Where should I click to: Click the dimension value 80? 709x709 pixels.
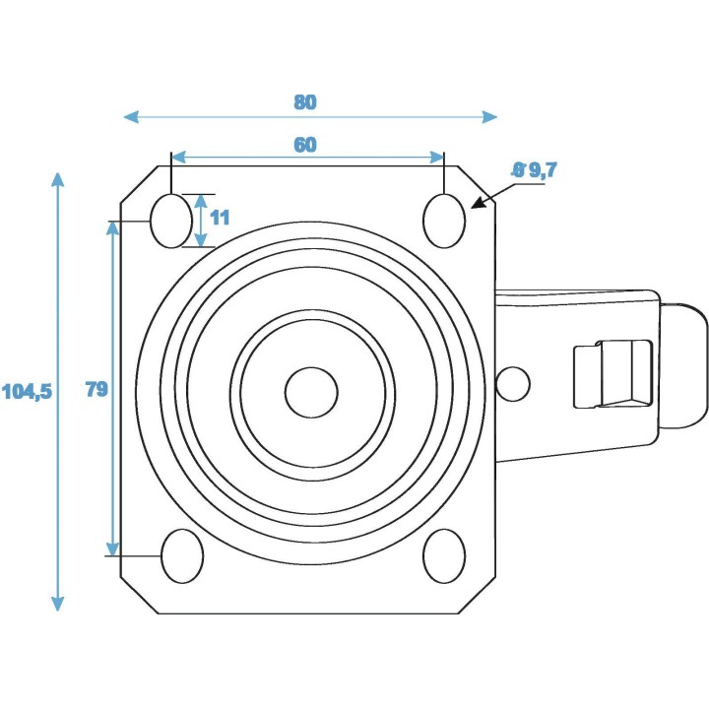[x=305, y=101]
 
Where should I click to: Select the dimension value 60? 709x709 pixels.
[x=305, y=145]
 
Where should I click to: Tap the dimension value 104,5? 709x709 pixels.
[x=26, y=391]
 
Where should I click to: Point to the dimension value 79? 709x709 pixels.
[x=96, y=389]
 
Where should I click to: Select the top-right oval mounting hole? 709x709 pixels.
[x=444, y=221]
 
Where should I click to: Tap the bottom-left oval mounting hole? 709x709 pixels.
[x=182, y=556]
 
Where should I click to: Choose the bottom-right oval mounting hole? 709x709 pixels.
[x=444, y=556]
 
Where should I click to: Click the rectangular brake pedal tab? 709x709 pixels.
[x=612, y=373]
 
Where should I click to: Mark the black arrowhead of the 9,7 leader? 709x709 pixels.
[x=479, y=205]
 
